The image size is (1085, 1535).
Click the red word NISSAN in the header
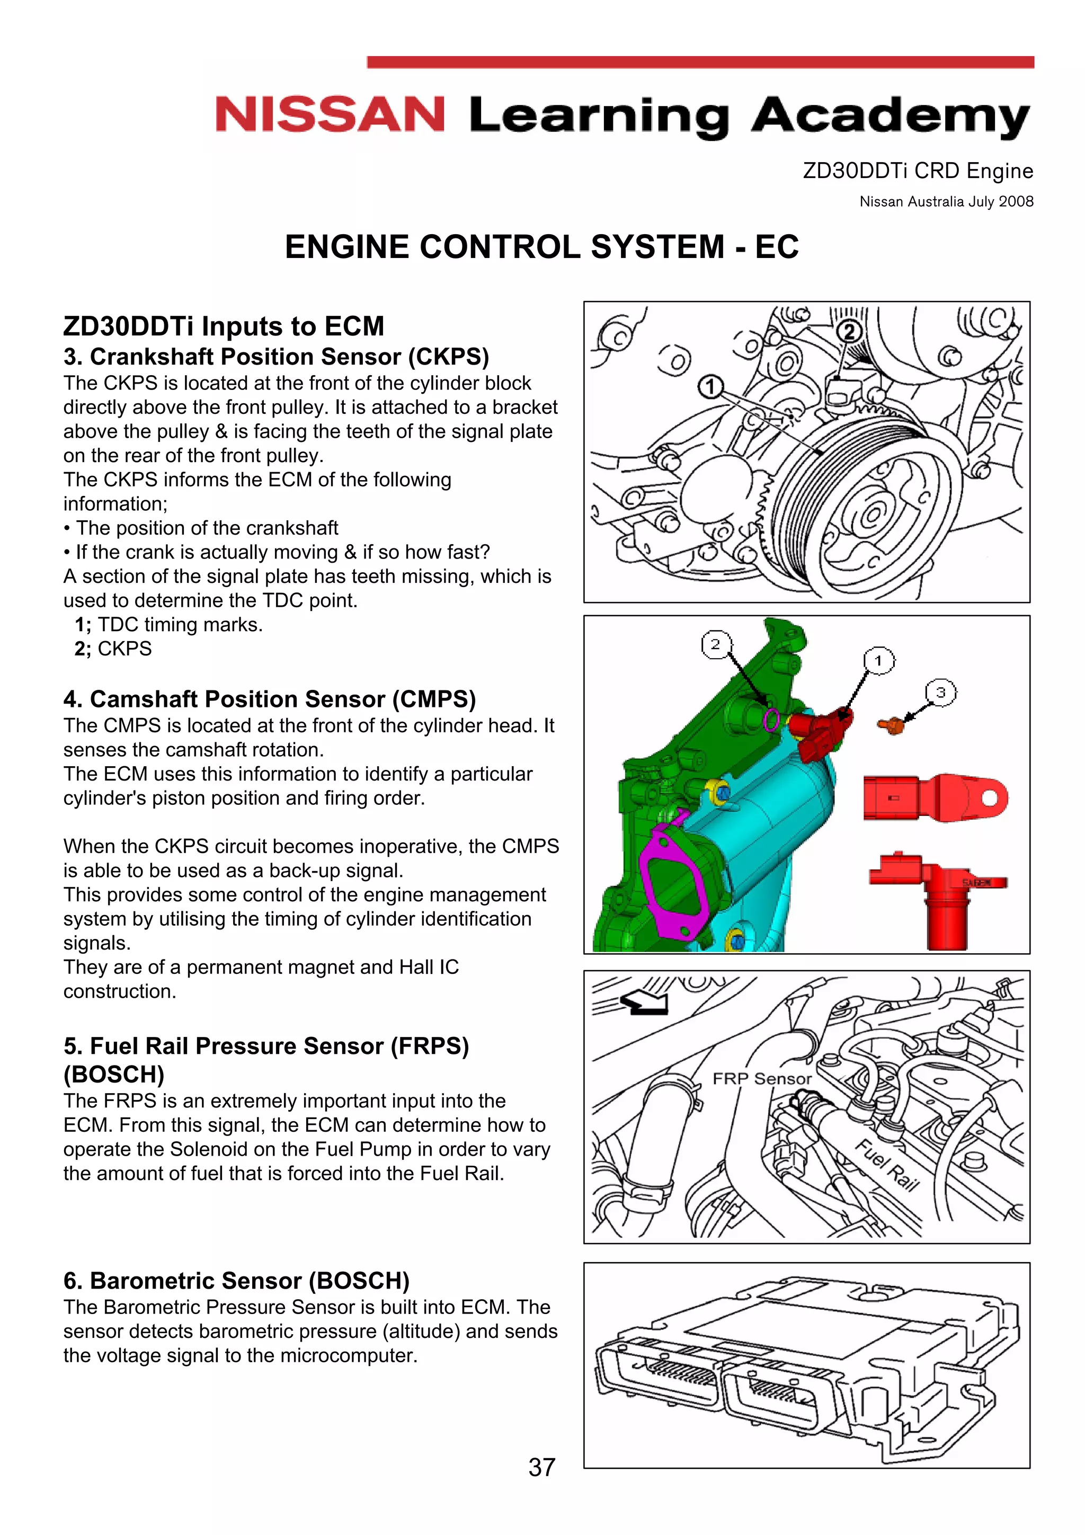pos(330,115)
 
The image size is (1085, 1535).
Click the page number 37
pos(541,1468)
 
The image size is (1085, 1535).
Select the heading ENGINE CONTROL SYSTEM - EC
pos(541,247)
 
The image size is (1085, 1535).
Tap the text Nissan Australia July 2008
pos(946,201)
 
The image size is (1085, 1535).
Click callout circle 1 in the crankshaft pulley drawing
pos(710,386)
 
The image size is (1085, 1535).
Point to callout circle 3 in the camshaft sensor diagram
pos(940,693)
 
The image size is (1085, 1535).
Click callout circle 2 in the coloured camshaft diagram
pos(715,644)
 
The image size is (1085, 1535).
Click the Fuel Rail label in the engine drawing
pos(887,1165)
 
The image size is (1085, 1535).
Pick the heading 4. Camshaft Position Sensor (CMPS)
pos(270,699)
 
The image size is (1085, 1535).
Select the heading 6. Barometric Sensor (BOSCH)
pos(236,1280)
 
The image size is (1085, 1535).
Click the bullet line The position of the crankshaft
pos(207,528)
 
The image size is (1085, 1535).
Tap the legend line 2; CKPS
pos(114,649)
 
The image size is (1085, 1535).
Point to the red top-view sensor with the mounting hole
pos(935,797)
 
